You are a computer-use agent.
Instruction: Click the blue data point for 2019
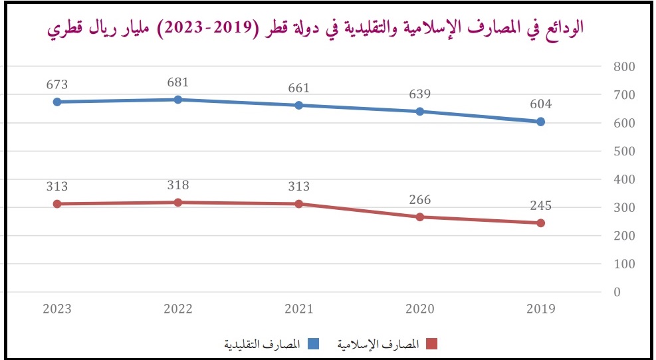pos(540,122)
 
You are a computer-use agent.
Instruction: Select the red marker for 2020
pos(420,217)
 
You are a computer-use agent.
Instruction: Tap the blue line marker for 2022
pos(178,100)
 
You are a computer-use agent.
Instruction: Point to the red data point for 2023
pos(57,204)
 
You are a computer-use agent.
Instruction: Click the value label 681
pos(178,83)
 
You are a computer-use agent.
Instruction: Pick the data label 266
pos(420,200)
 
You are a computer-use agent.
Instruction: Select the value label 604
pos(540,104)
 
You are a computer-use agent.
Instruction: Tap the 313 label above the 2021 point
pos(299,187)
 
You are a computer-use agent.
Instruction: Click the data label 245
pos(540,206)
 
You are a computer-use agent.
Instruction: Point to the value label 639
pos(420,94)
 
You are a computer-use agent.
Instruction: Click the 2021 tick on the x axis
pos(299,309)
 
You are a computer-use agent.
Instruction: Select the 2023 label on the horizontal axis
pos(57,309)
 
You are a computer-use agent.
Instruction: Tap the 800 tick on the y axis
pos(624,67)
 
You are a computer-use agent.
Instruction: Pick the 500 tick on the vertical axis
pos(624,151)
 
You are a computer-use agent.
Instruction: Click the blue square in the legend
pos(314,343)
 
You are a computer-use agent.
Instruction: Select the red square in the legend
pos(431,343)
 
